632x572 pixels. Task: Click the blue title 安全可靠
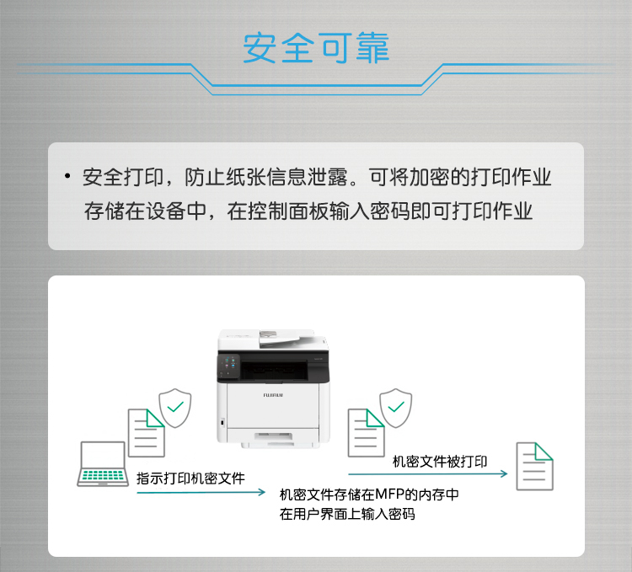point(316,48)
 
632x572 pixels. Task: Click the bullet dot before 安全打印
point(67,176)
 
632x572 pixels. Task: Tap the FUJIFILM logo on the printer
point(273,395)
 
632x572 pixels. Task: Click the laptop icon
point(103,463)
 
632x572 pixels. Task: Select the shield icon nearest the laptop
point(175,408)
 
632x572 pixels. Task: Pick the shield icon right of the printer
point(396,408)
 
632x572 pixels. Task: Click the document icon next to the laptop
point(147,433)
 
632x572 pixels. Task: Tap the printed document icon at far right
point(535,467)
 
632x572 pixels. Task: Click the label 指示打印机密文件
point(190,478)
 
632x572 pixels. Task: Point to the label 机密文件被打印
point(440,462)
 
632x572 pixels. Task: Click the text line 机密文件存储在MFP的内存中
point(369,494)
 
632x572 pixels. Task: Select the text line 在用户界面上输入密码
point(347,514)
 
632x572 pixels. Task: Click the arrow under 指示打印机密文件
point(201,492)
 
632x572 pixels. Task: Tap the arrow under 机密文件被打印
point(427,473)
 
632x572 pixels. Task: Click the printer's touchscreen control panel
point(229,367)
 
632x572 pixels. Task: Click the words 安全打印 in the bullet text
point(122,177)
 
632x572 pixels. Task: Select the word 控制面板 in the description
point(288,211)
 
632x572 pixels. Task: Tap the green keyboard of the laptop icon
point(103,475)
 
